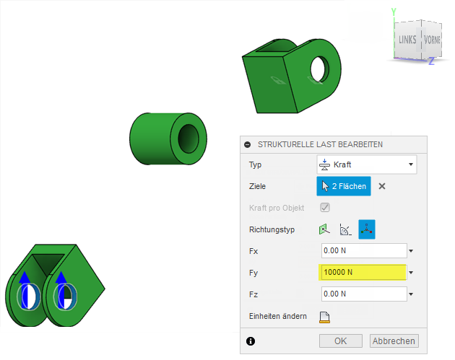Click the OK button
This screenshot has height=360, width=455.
(341, 341)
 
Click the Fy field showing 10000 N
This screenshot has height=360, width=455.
(363, 272)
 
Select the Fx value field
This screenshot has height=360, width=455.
(364, 250)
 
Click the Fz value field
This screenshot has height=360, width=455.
(364, 294)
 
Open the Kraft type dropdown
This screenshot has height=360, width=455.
(367, 164)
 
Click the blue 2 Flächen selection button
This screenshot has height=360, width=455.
(344, 186)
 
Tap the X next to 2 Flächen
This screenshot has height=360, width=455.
(382, 186)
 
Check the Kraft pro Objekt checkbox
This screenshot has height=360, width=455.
(325, 208)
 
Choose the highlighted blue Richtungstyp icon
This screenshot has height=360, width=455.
(367, 229)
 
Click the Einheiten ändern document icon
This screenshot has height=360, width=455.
(324, 317)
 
